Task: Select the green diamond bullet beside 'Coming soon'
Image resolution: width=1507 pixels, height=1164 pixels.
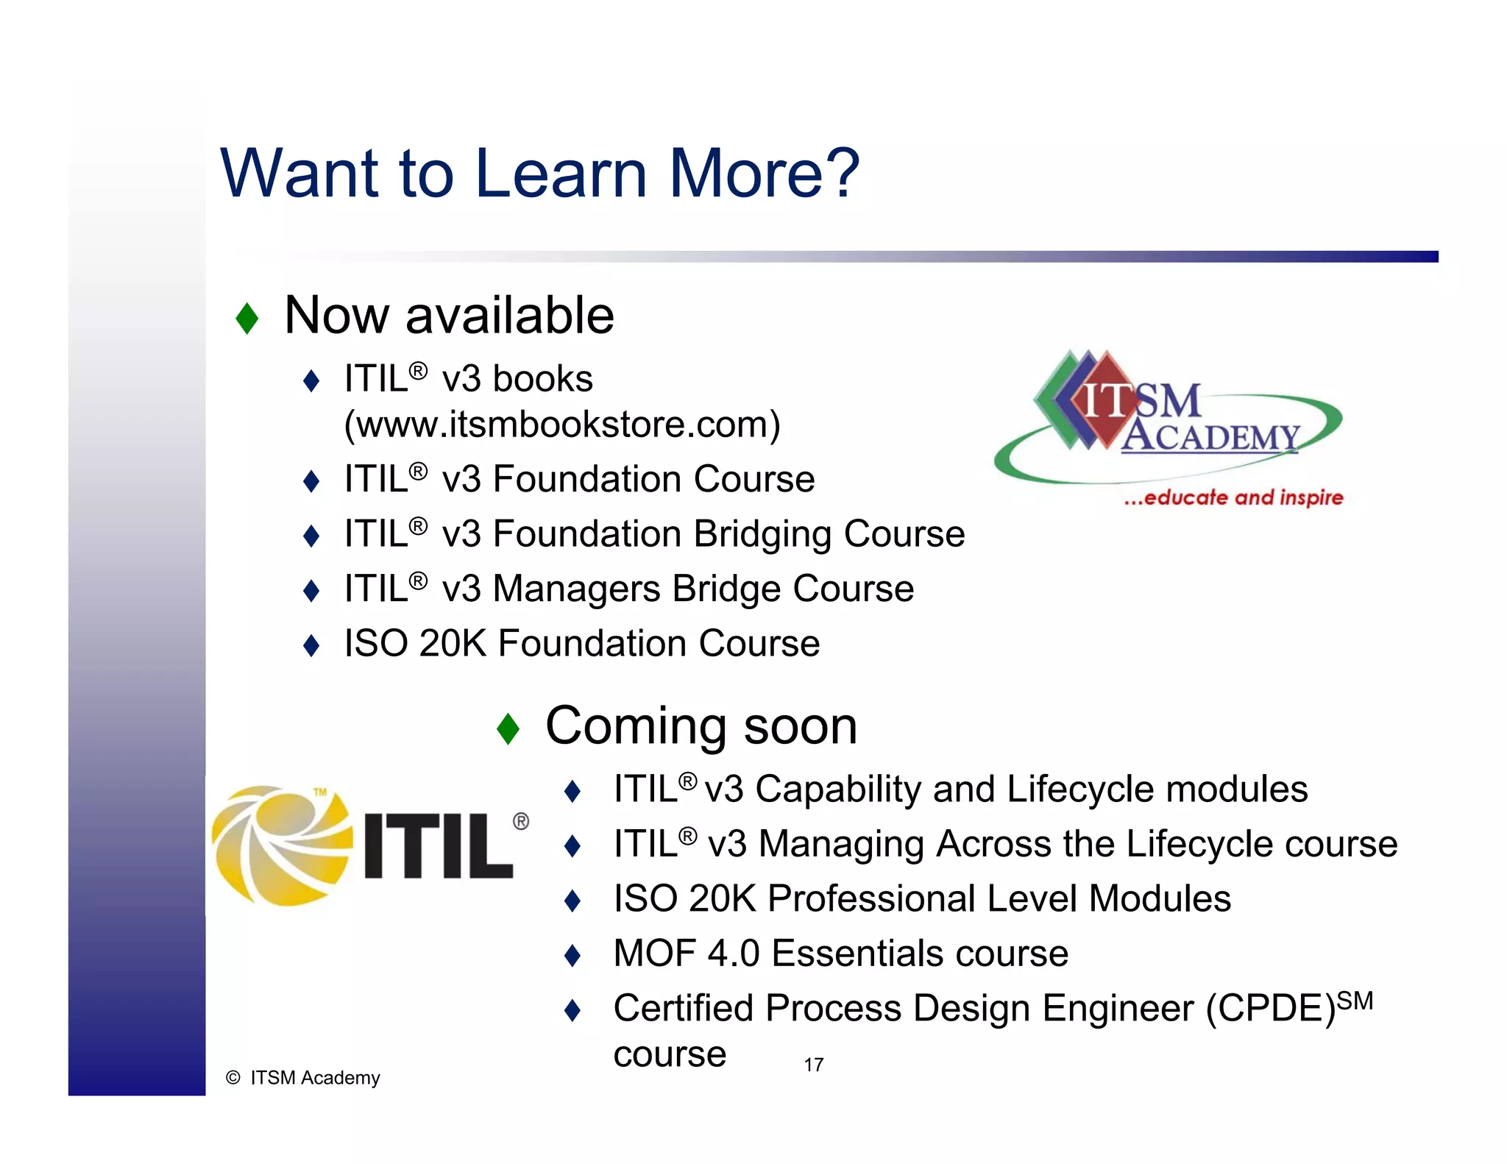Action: pyautogui.click(x=508, y=728)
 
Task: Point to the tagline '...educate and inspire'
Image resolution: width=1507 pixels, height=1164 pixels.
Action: pyautogui.click(x=1233, y=498)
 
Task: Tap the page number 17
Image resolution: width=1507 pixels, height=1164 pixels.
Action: pyautogui.click(x=813, y=1065)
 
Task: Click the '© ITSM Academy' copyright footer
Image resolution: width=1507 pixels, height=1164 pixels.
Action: pyautogui.click(x=303, y=1078)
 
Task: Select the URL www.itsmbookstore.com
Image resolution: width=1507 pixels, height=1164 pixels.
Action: pyautogui.click(x=562, y=425)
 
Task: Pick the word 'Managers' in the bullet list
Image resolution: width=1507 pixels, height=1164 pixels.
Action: pyautogui.click(x=576, y=589)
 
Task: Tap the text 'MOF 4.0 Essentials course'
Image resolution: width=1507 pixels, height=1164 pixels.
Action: pyautogui.click(x=840, y=954)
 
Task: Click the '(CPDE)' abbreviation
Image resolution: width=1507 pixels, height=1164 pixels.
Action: pyautogui.click(x=1270, y=1009)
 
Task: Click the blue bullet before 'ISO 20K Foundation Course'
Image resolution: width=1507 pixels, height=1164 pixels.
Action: pyautogui.click(x=311, y=646)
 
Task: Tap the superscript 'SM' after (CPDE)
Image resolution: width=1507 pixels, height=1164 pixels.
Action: pyautogui.click(x=1355, y=1001)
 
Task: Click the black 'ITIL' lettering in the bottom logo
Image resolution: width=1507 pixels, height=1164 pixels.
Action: pyautogui.click(x=438, y=846)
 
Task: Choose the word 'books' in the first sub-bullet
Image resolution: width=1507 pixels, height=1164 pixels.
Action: pyautogui.click(x=542, y=380)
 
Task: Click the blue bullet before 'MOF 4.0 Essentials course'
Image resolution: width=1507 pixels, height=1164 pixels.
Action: pyautogui.click(x=572, y=956)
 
